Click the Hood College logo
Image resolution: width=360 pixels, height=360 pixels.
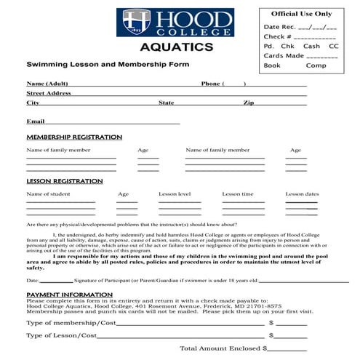pos(177,23)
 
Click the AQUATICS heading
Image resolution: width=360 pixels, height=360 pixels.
pos(177,48)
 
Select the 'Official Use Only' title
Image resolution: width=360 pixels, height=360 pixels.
pos(301,14)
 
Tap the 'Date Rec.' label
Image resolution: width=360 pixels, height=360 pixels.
pos(277,27)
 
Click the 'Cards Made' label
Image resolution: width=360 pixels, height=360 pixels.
pos(284,55)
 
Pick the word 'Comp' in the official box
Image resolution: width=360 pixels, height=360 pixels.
pos(316,65)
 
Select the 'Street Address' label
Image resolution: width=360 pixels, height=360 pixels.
pos(48,93)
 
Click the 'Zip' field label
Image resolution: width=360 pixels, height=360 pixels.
pos(249,103)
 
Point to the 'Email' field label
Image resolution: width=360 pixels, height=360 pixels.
pos(36,121)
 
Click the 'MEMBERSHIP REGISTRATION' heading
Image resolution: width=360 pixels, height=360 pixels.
pos(74,137)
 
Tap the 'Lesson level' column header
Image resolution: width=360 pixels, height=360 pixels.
pos(175,194)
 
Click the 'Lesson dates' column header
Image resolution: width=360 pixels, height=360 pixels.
pos(302,194)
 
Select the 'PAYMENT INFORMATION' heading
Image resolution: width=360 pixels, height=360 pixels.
pos(69,295)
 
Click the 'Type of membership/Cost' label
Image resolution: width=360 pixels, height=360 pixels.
pos(71,322)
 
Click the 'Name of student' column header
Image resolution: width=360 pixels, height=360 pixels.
pos(48,194)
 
